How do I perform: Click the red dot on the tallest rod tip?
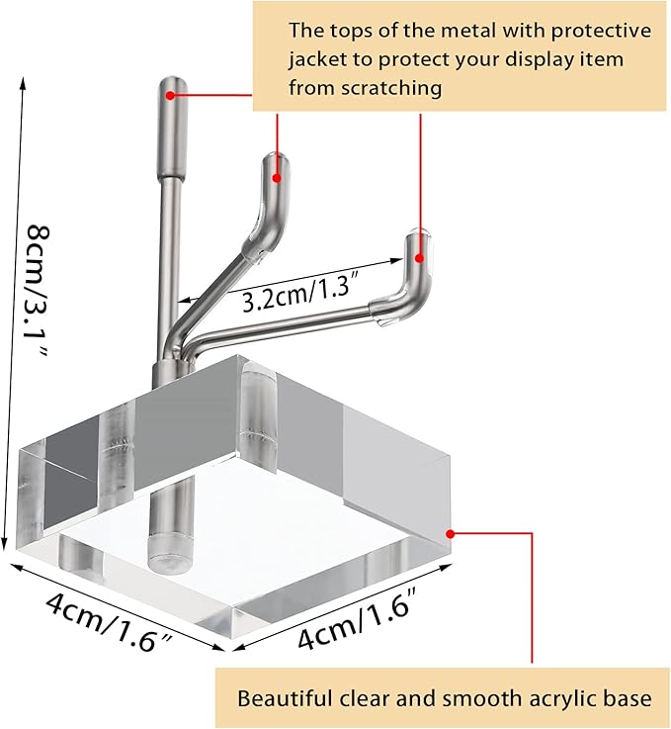pyautogui.click(x=170, y=95)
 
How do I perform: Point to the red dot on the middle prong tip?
pyautogui.click(x=277, y=178)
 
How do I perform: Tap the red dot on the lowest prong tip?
pyautogui.click(x=419, y=258)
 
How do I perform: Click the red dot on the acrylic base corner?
pyautogui.click(x=450, y=534)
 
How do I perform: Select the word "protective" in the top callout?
pyautogui.click(x=601, y=32)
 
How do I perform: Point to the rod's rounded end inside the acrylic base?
pyautogui.click(x=169, y=553)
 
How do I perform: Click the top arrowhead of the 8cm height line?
pyautogui.click(x=22, y=82)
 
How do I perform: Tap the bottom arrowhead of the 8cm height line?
pyautogui.click(x=5, y=545)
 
